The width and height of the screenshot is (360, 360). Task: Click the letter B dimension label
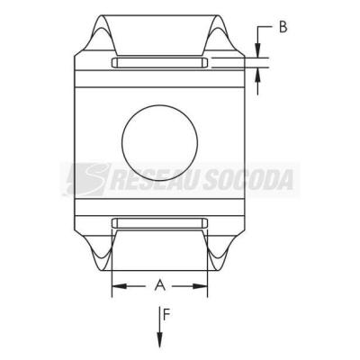click(283, 27)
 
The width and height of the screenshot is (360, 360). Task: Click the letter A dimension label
click(160, 284)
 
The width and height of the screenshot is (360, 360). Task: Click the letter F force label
click(166, 314)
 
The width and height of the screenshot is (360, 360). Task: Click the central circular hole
click(159, 143)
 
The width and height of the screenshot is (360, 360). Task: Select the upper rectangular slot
click(159, 63)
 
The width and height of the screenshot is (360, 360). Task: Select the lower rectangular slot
click(159, 223)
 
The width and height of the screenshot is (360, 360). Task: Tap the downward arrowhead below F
click(160, 339)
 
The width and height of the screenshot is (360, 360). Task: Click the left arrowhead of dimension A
click(120, 286)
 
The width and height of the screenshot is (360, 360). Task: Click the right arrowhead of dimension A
click(200, 286)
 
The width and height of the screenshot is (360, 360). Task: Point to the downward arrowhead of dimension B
click(257, 49)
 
